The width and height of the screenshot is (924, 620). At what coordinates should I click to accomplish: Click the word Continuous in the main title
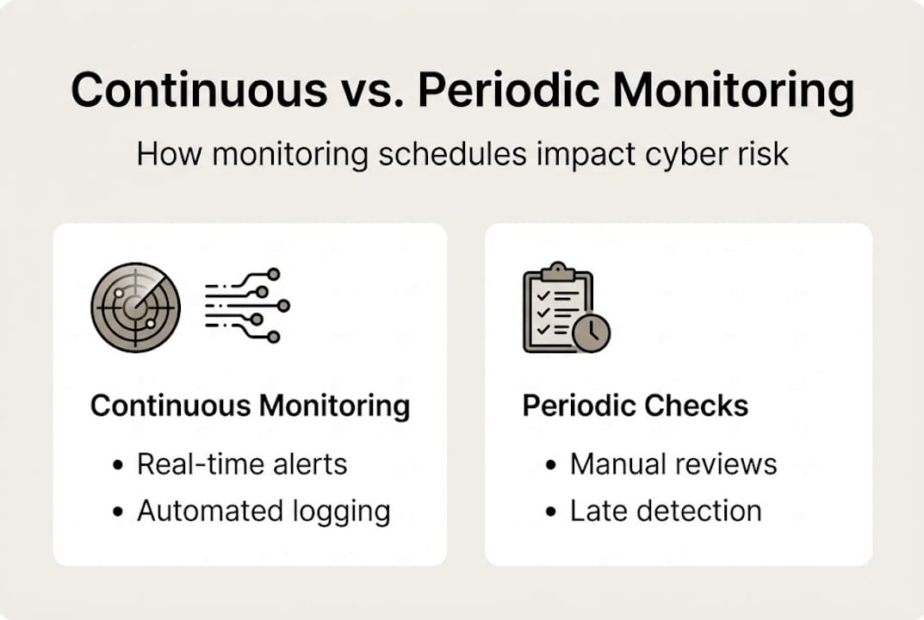coord(199,90)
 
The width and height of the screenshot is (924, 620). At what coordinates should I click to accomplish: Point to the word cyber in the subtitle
coord(686,155)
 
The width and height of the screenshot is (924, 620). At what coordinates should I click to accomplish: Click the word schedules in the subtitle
coord(452,154)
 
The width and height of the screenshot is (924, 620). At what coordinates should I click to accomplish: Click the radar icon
coord(135,307)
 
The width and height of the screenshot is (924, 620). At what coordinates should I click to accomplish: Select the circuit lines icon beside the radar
coord(247,306)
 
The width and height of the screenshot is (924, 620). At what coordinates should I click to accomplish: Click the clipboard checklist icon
coord(567,307)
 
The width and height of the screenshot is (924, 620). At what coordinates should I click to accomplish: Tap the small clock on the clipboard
coord(591,333)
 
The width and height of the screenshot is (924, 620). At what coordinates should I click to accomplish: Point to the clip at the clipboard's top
coord(557,272)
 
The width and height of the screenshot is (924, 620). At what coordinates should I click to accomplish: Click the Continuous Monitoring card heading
coord(251,406)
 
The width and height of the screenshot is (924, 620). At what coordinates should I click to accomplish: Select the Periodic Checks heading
coord(636,406)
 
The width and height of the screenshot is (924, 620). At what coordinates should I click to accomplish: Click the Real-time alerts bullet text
coord(242,464)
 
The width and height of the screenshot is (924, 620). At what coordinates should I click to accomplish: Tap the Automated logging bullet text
coord(264,512)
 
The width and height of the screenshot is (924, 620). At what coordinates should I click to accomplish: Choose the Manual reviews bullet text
coord(673,464)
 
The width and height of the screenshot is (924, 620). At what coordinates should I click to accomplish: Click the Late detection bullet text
coord(666,511)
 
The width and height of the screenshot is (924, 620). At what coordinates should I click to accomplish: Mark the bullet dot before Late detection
coord(551,512)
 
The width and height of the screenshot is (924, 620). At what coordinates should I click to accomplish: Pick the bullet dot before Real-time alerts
coord(118,465)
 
